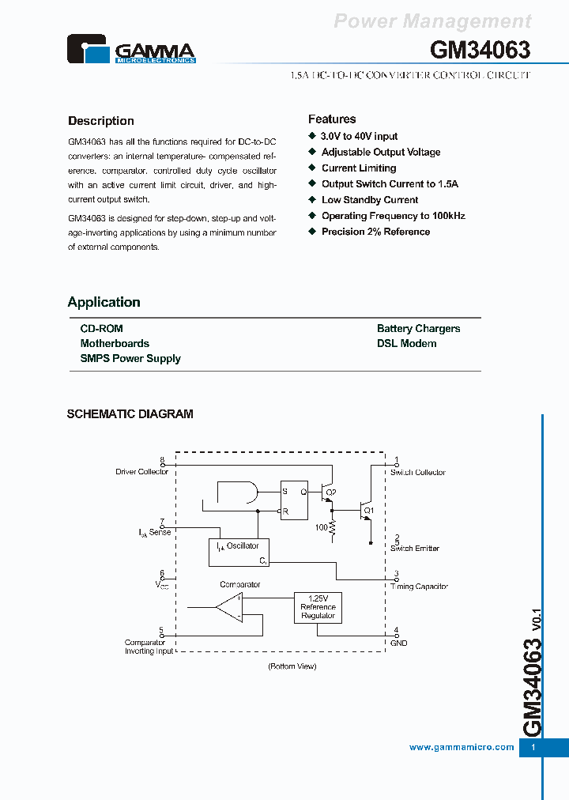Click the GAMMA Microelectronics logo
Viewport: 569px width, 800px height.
[x=130, y=49]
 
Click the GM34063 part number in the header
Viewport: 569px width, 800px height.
[x=480, y=50]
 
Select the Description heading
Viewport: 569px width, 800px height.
[x=100, y=121]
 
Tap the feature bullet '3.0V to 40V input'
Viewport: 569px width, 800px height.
[x=359, y=136]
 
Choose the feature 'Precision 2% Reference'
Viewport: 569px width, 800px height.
[x=375, y=232]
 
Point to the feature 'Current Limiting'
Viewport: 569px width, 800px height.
[x=359, y=168]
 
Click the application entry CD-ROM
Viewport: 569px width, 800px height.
[x=101, y=328]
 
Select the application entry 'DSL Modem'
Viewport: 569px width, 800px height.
[x=406, y=343]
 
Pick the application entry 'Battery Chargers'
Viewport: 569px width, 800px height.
[x=418, y=328]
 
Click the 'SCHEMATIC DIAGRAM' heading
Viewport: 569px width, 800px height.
[x=130, y=413]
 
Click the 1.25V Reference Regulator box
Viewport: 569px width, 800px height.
[x=318, y=606]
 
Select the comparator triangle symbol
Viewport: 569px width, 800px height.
[x=229, y=608]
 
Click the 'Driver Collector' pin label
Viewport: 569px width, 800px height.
[x=141, y=472]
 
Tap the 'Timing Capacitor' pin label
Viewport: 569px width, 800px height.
[x=419, y=587]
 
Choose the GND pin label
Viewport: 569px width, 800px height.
[x=398, y=643]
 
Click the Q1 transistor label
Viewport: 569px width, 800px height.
[x=368, y=510]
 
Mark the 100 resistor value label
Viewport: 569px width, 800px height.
[x=321, y=526]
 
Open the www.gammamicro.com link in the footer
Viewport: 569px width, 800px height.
[x=462, y=747]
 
